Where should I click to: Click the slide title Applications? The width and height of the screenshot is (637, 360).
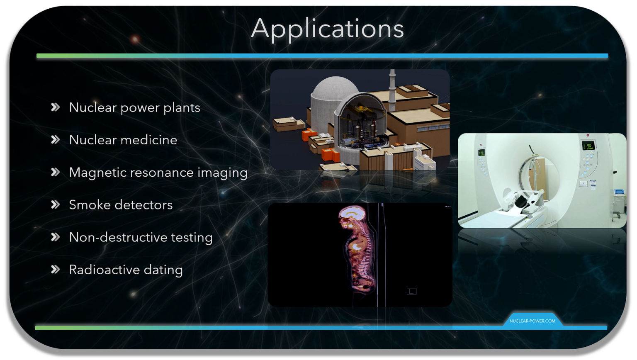point(327,29)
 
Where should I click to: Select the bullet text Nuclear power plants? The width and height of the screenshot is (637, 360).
point(134,108)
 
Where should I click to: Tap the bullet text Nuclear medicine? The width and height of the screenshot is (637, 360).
point(123,140)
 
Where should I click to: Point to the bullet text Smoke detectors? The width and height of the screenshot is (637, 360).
point(120,205)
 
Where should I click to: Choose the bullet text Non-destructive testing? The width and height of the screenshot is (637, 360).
point(141,237)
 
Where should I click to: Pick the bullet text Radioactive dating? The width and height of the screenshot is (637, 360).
point(126,270)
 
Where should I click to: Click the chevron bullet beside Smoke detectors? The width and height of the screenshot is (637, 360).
point(56,204)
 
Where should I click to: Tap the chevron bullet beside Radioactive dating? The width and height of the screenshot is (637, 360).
point(56,270)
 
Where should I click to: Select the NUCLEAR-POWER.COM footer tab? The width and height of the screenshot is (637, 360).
point(532,321)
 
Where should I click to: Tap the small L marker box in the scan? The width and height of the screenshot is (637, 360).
point(411,291)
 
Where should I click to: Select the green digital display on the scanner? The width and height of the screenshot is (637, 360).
point(588,146)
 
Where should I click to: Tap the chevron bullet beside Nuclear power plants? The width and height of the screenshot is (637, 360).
point(56,107)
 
